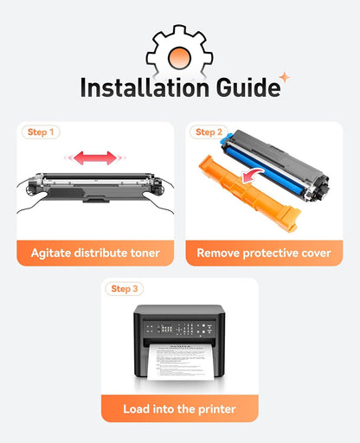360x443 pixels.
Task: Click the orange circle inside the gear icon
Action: (x=179, y=58)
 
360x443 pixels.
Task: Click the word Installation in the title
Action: (x=145, y=87)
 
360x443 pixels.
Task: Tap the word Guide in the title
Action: (x=248, y=87)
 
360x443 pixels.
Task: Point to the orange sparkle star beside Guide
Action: (x=285, y=77)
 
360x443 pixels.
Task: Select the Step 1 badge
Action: (x=41, y=132)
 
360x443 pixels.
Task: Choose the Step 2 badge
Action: (x=209, y=132)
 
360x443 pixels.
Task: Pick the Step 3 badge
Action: (x=125, y=289)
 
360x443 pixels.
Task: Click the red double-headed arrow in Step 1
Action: (x=95, y=157)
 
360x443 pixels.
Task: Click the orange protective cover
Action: (x=249, y=193)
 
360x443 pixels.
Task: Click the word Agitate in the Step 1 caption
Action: (x=51, y=254)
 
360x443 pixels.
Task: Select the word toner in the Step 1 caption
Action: (x=145, y=253)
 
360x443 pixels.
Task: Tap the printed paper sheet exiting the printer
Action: (x=181, y=362)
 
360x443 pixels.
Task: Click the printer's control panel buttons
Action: (x=179, y=329)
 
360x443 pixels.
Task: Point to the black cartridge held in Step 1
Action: (x=95, y=187)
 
